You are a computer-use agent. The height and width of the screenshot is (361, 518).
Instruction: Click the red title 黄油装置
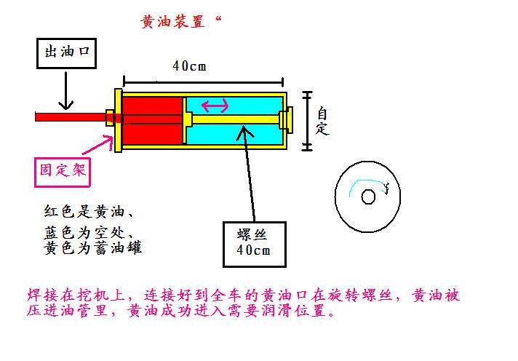pos(172,22)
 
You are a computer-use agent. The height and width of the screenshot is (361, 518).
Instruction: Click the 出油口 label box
pos(66,53)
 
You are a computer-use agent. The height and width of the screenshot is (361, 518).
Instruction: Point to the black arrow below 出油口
pos(66,91)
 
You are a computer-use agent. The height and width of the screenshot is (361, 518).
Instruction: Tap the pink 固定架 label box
pos(63,172)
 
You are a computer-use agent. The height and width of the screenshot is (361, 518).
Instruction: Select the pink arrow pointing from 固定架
pos(97,145)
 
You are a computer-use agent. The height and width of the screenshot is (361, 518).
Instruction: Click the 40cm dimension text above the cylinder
pos(189,66)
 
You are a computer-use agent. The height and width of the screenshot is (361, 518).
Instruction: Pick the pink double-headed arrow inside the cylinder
pos(215,106)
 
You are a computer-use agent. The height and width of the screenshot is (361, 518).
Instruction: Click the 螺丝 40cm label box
pos(255,245)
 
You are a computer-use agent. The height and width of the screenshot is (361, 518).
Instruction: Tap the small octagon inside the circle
pos(368,197)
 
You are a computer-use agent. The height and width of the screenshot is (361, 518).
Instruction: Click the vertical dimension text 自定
pos(322,121)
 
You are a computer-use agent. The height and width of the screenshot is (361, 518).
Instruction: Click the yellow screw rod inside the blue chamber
pos(235,119)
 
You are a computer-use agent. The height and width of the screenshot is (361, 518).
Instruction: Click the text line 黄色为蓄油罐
pos(93,248)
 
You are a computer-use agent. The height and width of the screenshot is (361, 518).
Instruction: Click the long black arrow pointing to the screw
pos(247,173)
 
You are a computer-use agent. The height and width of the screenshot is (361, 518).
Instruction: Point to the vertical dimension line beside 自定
pos(308,121)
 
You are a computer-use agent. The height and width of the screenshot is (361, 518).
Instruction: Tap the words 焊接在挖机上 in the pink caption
pos(76,295)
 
